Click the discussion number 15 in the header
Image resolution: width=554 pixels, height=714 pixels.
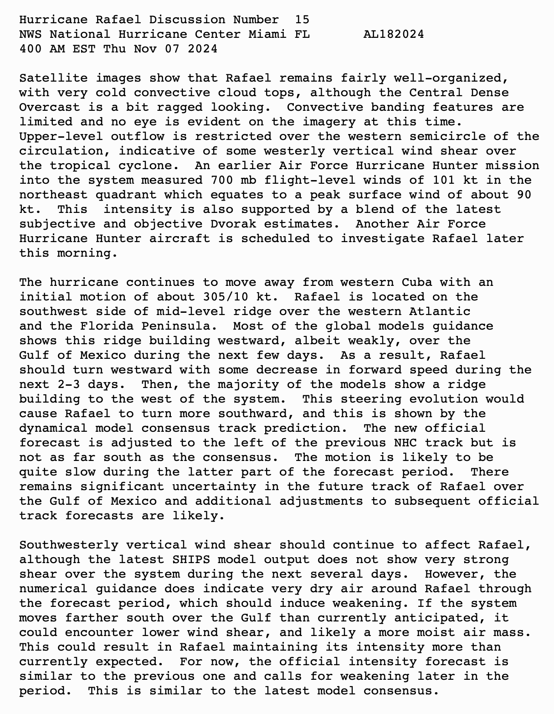(302, 20)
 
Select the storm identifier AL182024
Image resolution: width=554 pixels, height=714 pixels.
(394, 34)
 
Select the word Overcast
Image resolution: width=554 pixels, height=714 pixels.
(50, 107)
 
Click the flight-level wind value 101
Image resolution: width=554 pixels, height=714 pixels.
(444, 180)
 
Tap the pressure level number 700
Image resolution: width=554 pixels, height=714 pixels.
(222, 180)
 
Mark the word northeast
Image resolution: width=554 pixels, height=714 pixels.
(53, 195)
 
